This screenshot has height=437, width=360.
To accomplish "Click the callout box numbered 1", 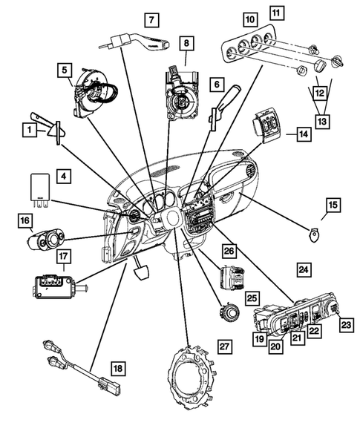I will [x=28, y=131].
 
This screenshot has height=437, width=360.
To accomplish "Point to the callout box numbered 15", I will [x=333, y=204].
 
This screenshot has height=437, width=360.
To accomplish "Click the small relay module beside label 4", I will [x=39, y=188].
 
